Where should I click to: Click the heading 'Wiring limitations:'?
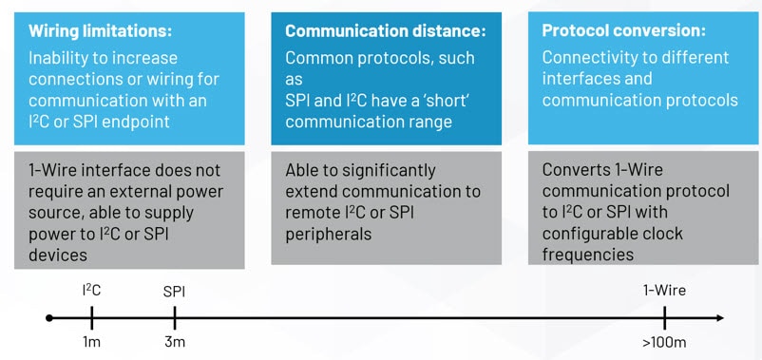tap(100, 31)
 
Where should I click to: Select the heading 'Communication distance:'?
tap(385, 31)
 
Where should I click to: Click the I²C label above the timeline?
tap(91, 291)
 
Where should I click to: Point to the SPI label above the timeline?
tap(173, 291)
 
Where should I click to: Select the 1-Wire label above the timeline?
tap(664, 291)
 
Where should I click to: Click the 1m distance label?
tap(91, 342)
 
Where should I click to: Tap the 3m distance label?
tap(173, 342)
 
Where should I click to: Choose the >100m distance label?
tap(664, 342)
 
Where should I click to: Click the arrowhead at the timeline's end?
tap(719, 318)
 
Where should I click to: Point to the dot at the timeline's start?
tap(49, 318)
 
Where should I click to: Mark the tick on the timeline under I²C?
tap(91, 318)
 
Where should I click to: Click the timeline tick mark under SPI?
tap(173, 318)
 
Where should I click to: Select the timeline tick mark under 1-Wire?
tap(664, 318)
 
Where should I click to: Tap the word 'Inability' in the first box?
tap(62, 58)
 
